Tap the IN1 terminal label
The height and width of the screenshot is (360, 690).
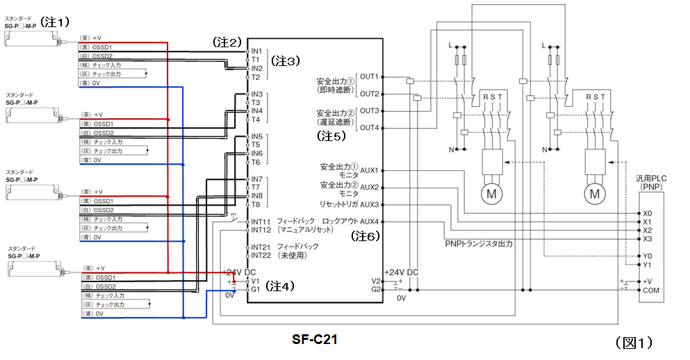click(256, 51)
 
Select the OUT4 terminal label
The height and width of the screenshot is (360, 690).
click(370, 127)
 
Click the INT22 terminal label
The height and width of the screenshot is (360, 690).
click(261, 256)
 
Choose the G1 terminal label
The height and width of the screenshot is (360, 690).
click(256, 289)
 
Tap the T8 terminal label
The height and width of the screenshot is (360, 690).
click(256, 204)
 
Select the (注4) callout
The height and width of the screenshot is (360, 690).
click(282, 285)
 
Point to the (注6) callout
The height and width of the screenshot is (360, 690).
click(365, 236)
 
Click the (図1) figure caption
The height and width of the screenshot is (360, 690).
click(633, 342)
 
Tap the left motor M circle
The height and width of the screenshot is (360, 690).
click(491, 194)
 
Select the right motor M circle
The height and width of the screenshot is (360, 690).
click(595, 194)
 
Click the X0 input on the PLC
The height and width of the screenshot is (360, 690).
click(648, 213)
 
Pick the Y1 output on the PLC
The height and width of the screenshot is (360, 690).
click(648, 265)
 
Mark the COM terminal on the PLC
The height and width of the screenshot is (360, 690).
click(651, 291)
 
